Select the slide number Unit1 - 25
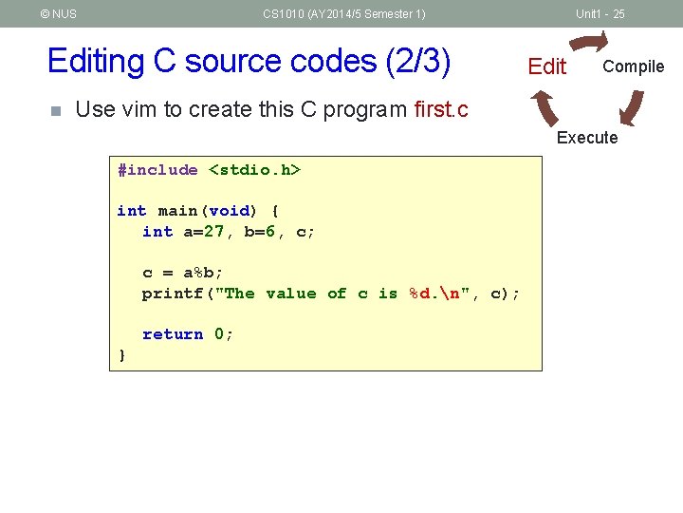pos(600,14)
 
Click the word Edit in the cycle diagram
pos(546,66)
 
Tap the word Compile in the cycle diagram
pos(633,66)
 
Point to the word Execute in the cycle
pos(586,138)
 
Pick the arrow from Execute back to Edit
pos(546,105)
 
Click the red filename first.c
pos(441,109)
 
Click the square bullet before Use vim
pos(55,110)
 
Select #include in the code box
pos(157,170)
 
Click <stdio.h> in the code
pos(254,170)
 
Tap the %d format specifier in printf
pos(418,294)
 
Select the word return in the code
pos(173,334)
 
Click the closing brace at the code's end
pos(121,354)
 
